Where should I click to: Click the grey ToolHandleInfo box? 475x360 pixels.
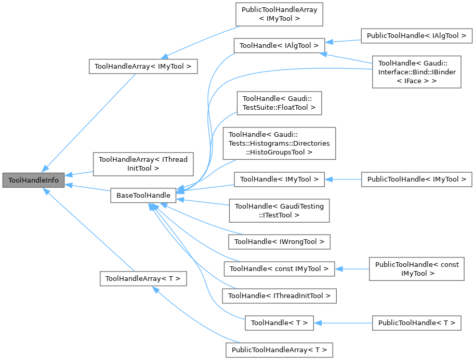click(33, 181)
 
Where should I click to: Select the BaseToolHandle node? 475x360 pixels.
click(141, 196)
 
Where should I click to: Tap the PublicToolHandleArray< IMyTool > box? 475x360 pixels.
click(279, 15)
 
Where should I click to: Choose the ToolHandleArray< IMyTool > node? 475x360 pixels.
click(143, 66)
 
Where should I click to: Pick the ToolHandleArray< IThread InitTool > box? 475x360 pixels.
click(143, 163)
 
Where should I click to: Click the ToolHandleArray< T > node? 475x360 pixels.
click(143, 278)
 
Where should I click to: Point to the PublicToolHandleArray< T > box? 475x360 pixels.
click(279, 350)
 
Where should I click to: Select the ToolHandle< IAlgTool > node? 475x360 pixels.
click(279, 46)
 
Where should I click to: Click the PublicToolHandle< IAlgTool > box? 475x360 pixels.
click(416, 36)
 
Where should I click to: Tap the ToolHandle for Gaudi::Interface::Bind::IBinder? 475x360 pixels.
click(416, 73)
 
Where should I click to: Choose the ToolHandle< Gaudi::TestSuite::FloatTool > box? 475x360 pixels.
click(279, 103)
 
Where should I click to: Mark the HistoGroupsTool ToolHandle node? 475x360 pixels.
click(279, 143)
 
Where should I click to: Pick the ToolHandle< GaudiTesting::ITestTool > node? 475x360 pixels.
click(279, 211)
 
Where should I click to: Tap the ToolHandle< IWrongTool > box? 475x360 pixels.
click(279, 241)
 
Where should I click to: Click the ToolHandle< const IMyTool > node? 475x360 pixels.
click(279, 269)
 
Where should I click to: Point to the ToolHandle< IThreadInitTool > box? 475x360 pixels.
click(279, 296)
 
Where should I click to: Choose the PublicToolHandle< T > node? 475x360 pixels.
click(416, 323)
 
